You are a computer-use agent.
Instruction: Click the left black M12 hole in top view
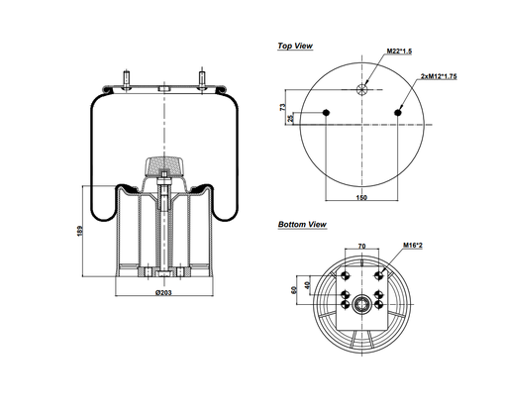(x=328, y=112)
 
